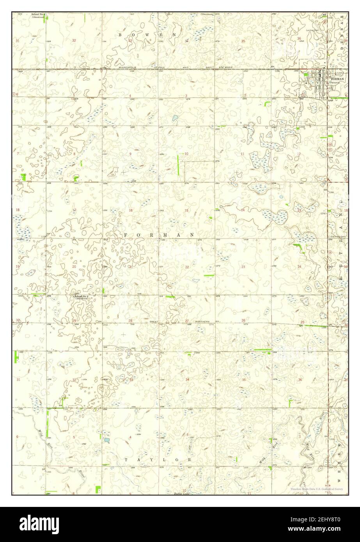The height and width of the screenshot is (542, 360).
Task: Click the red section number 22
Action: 187,267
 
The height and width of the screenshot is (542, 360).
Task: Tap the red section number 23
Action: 243,267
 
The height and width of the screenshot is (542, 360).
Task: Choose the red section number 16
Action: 131,211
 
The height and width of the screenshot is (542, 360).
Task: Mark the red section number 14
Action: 243,210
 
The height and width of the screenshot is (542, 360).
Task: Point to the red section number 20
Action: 74,267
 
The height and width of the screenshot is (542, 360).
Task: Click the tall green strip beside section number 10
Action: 178,164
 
